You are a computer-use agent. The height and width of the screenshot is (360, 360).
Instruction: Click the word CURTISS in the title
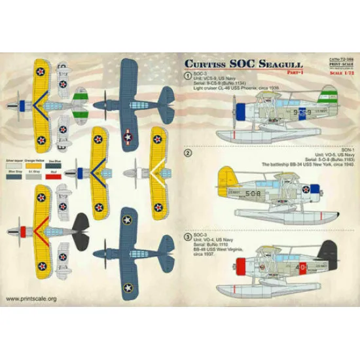[207, 64]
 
